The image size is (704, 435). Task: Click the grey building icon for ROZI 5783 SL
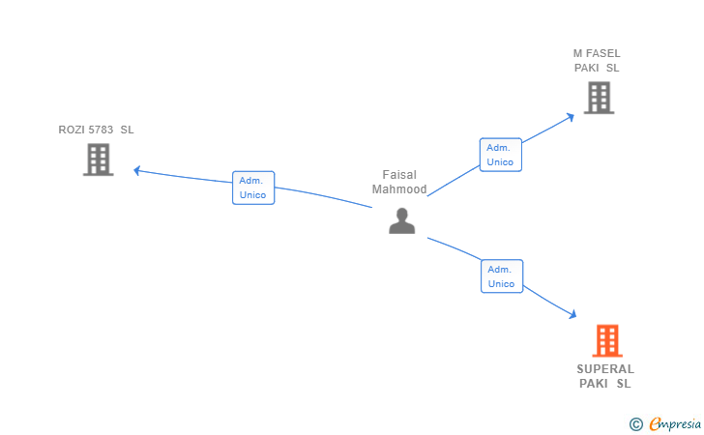(98, 159)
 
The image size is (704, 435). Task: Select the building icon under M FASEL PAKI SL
(599, 98)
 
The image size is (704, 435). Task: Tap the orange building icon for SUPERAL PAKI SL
(606, 340)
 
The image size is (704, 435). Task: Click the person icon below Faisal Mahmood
(401, 220)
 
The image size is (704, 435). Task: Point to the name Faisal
(399, 175)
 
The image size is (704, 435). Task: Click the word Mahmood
(399, 189)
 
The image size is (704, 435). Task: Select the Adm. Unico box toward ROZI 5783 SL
(253, 188)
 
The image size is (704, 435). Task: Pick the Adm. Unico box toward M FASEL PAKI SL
(500, 155)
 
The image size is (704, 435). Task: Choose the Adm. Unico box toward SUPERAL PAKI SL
(501, 276)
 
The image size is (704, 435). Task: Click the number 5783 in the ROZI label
(99, 130)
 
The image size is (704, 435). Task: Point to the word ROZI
(71, 130)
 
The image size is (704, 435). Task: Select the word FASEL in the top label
(603, 53)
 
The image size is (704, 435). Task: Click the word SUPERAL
(605, 369)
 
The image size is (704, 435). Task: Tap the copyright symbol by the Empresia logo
(635, 423)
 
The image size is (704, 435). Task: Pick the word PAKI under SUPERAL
(593, 384)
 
